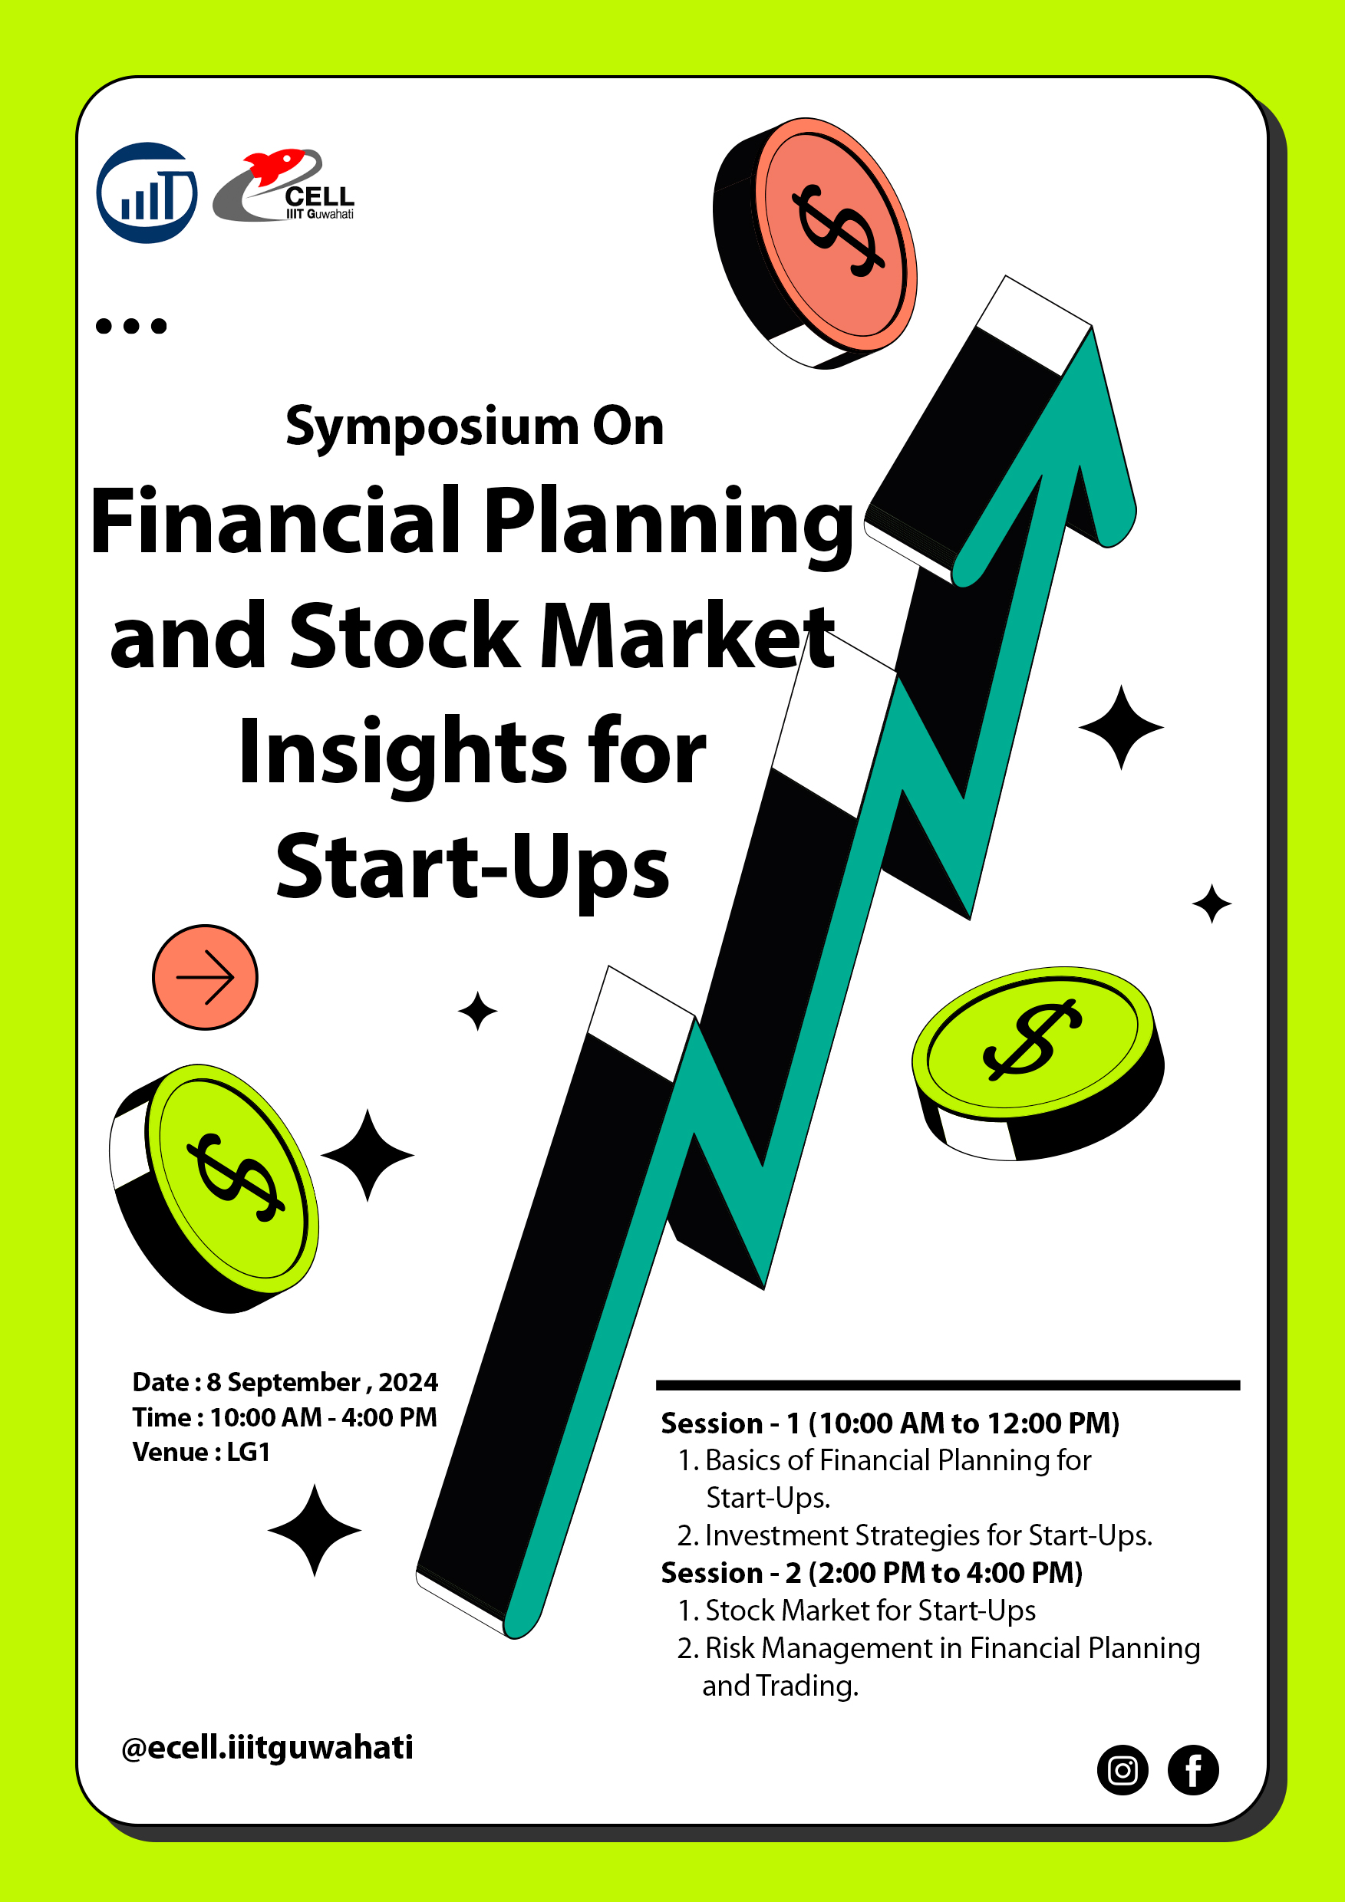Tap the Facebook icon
pos(1192,1770)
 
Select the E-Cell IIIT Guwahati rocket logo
pos(283,186)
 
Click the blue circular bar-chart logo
pos(147,193)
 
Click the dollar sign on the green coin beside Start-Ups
pos(1033,1041)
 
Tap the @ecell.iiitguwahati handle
pos(267,1747)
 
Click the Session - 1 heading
pos(890,1423)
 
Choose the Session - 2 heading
pos(872,1572)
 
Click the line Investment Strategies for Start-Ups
pos(915,1535)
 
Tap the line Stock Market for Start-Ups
pos(856,1611)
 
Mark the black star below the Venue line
pos(314,1530)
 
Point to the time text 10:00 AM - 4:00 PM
pos(323,1417)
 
